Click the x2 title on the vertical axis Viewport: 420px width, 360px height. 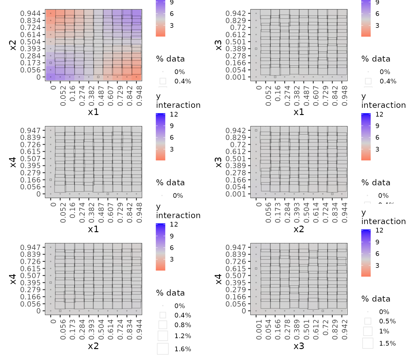[x=12, y=45]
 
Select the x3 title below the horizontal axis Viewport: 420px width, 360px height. [x=298, y=346]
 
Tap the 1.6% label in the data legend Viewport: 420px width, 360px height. [x=183, y=349]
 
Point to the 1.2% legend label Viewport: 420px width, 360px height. [x=183, y=336]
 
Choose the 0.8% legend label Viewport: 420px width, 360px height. [x=183, y=325]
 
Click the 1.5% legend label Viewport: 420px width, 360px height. [x=387, y=343]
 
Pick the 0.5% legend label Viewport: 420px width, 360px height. [x=387, y=321]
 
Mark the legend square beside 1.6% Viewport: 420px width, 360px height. [x=163, y=349]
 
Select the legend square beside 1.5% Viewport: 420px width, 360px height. [x=368, y=343]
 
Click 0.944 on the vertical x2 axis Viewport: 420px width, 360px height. [x=30, y=13]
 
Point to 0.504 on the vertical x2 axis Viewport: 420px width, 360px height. [x=30, y=42]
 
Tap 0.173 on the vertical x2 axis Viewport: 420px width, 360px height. [x=30, y=63]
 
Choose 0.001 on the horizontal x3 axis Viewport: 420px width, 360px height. [x=259, y=329]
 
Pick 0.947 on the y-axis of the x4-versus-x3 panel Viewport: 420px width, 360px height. [x=236, y=247]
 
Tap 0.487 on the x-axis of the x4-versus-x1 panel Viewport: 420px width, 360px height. [x=101, y=212]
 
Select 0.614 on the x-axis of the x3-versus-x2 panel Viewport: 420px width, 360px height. [x=316, y=212]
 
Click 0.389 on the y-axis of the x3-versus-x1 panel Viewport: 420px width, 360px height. [x=236, y=49]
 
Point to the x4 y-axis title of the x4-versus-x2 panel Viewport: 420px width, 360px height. [x=12, y=279]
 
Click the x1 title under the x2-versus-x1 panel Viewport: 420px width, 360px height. [x=93, y=112]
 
